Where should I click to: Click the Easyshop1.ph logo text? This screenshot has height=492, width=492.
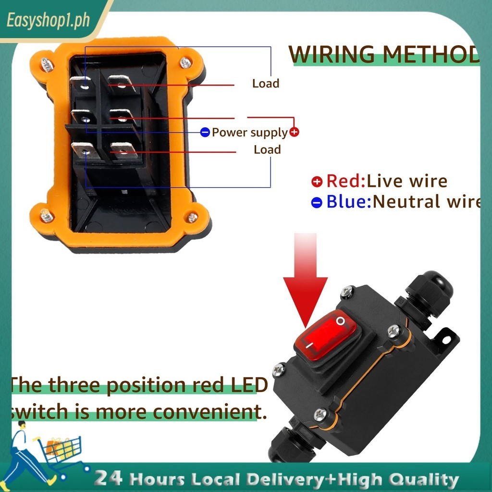48,21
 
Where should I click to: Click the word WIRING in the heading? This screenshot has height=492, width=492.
332,55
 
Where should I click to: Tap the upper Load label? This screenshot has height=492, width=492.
266,84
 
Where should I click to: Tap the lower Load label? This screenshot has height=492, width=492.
267,150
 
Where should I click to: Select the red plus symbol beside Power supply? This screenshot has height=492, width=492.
294,132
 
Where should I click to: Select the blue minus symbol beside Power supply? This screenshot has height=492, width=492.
205,132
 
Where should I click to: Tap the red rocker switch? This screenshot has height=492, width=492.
326,335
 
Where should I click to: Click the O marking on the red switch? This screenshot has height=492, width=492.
341,321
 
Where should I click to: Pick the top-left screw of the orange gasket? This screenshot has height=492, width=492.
47,64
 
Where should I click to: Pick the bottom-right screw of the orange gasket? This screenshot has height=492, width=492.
192,217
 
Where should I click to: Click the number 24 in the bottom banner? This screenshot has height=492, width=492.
108,478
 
